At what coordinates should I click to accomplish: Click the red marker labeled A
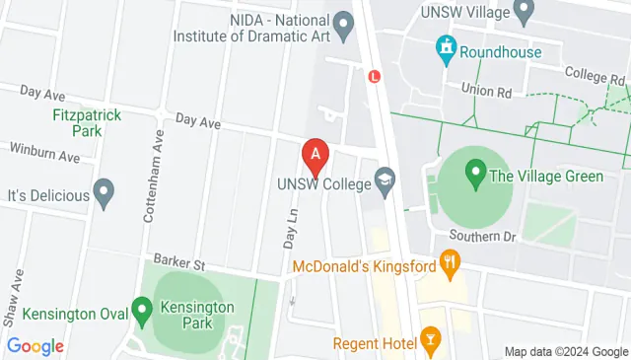[315, 155]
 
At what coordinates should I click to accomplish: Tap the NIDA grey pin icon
[343, 22]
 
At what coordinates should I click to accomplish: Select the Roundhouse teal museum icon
[447, 46]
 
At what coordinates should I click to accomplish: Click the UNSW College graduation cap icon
[384, 180]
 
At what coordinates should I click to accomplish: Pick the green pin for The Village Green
[474, 177]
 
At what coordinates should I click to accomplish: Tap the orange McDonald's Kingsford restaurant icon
[452, 262]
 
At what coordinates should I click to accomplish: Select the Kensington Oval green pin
[142, 314]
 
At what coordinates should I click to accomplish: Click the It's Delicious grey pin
[103, 194]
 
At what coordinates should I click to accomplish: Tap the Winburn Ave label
[43, 155]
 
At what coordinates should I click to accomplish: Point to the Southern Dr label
[482, 237]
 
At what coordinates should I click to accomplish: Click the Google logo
[35, 346]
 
